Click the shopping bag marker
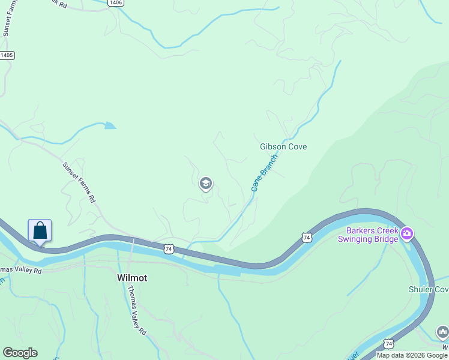coord(40,231)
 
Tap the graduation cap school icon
coord(206,184)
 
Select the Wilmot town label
coord(131,278)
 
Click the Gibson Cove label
coord(283,146)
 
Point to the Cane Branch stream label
coord(264,173)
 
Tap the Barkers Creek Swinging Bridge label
coord(372,235)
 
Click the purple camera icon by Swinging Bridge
coord(408,233)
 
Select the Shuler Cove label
coord(428,290)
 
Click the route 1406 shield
coord(116,3)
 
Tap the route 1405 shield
coord(7,55)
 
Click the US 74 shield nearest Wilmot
coord(169,248)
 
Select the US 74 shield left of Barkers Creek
coord(307,238)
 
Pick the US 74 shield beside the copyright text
coord(389,343)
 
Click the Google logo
coord(20,353)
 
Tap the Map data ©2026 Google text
coord(412,355)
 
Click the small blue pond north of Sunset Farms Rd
coord(109,125)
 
